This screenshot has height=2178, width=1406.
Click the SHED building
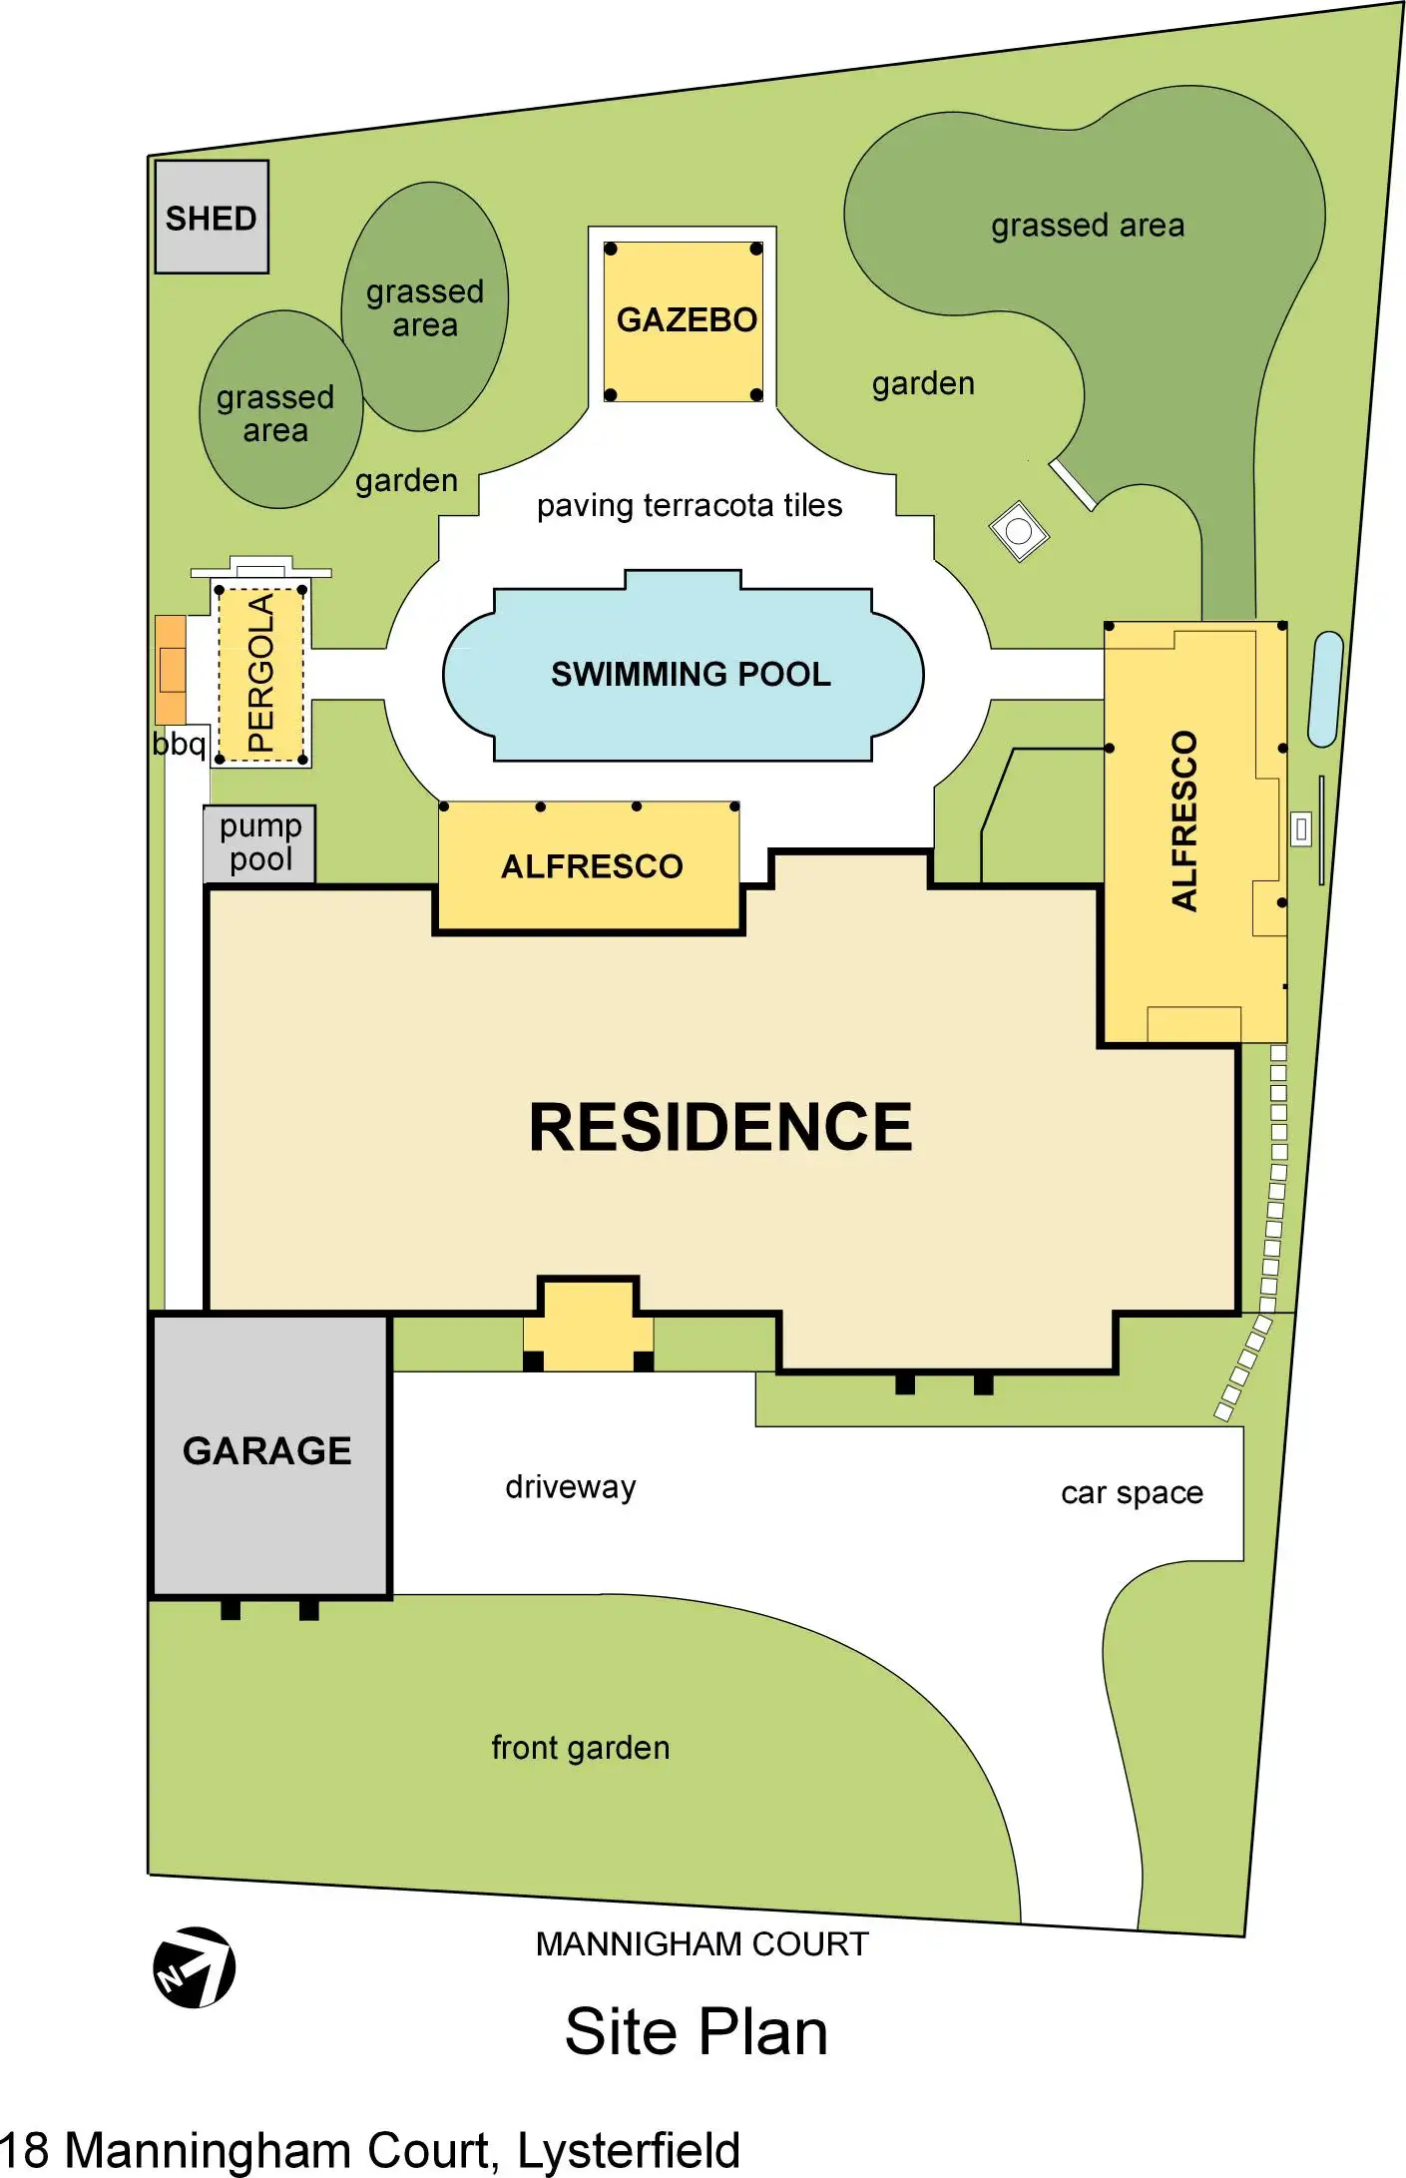(x=212, y=217)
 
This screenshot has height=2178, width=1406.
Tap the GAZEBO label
(x=687, y=319)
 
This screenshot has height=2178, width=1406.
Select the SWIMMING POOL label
(x=691, y=674)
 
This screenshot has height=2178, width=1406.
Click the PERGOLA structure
(x=260, y=673)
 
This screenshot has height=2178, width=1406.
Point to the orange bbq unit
(x=171, y=669)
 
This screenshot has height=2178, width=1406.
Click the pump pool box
(x=259, y=843)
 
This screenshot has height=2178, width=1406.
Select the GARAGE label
(x=267, y=1450)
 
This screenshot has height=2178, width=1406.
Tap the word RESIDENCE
(x=720, y=1127)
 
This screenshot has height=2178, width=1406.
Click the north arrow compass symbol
(x=195, y=1966)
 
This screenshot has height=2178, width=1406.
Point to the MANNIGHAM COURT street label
(x=702, y=1943)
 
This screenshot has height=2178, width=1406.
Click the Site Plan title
(x=697, y=2031)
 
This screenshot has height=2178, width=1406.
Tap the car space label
(x=1132, y=1492)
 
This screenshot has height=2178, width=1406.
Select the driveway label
(x=571, y=1486)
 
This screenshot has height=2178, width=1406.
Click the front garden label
(x=581, y=1747)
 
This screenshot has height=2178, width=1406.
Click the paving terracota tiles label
(x=690, y=505)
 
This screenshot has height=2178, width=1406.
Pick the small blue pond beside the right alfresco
(x=1325, y=689)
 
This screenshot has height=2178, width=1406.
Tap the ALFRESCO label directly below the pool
(x=592, y=866)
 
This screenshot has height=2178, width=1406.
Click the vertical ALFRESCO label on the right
(x=1183, y=820)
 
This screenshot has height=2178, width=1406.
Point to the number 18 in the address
(x=24, y=2151)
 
